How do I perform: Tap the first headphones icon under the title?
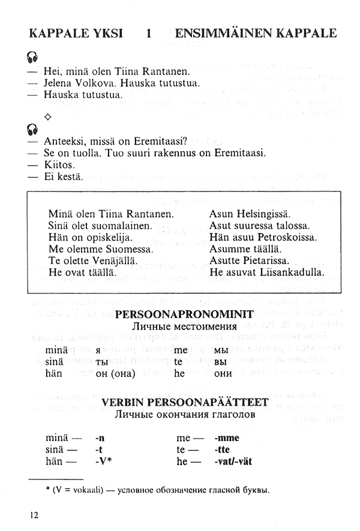tap(32, 58)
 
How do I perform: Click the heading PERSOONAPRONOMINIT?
tap(184, 313)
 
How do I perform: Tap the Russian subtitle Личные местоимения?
tap(184, 326)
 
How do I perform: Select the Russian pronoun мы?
tap(220, 349)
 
